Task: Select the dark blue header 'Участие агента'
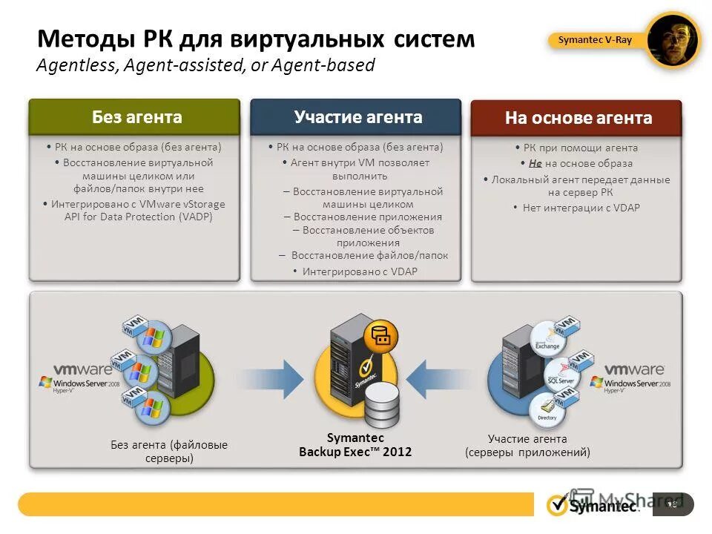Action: coord(357,117)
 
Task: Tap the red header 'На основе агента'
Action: coord(578,118)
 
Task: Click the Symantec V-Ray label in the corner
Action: coord(595,40)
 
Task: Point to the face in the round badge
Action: coord(673,42)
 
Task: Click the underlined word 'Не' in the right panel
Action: coord(535,163)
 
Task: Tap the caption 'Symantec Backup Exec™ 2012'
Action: coord(355,445)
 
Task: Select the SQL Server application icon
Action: coord(561,374)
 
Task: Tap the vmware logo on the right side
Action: coord(634,369)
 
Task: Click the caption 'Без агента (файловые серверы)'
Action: coord(169,451)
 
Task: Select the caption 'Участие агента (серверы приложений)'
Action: coord(527,445)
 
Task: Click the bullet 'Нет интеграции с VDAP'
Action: coord(581,208)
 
